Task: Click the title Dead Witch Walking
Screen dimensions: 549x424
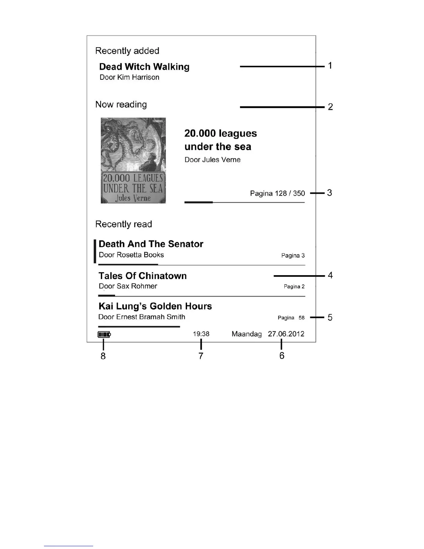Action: pos(144,67)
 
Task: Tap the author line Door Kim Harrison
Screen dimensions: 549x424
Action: pos(129,77)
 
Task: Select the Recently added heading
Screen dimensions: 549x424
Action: pos(127,51)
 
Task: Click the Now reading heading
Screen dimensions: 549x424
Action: pos(121,104)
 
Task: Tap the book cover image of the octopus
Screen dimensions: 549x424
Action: pos(133,160)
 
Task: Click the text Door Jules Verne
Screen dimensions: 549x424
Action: pos(212,160)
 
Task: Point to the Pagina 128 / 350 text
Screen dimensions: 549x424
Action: pos(277,193)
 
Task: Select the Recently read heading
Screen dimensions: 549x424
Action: pos(123,224)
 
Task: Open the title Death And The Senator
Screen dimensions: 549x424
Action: pos(151,244)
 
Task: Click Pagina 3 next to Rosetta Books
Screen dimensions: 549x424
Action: pos(293,255)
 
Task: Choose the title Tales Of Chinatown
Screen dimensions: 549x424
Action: pos(142,276)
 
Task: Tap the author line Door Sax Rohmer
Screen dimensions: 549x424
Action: pos(128,286)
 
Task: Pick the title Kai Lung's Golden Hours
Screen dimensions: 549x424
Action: pos(155,306)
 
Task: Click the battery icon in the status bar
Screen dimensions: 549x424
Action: pos(104,334)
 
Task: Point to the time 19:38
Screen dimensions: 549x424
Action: pos(201,334)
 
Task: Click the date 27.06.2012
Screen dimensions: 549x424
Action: pos(286,334)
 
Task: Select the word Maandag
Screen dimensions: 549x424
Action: pos(247,334)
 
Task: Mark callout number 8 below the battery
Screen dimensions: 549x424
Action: pos(103,356)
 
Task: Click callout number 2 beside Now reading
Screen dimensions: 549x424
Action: pos(330,107)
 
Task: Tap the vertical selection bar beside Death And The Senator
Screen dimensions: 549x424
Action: pos(95,251)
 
